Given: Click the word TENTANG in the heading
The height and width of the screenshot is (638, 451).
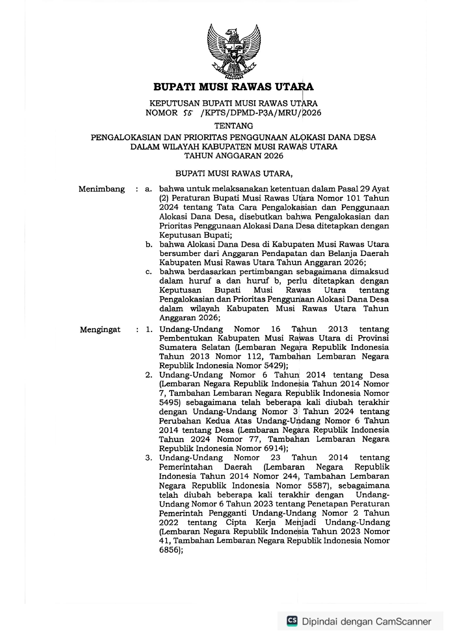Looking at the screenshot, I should [x=234, y=126].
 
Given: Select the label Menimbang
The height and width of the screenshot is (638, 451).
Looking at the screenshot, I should [x=101, y=189].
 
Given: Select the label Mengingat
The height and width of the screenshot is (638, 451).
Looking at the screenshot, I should [x=100, y=330].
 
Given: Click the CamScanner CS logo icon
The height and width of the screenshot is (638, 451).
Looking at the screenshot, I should [x=292, y=621].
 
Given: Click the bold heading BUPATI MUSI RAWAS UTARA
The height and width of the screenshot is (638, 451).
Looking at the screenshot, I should [x=234, y=87].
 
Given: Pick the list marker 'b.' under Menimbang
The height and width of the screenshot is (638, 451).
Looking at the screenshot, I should [x=148, y=245].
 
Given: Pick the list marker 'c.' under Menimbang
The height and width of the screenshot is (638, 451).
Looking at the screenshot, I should [x=148, y=272].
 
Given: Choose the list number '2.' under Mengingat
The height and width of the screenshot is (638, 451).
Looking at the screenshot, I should [x=148, y=375].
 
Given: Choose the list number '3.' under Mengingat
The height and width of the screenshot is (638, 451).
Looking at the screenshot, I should [x=148, y=458].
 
